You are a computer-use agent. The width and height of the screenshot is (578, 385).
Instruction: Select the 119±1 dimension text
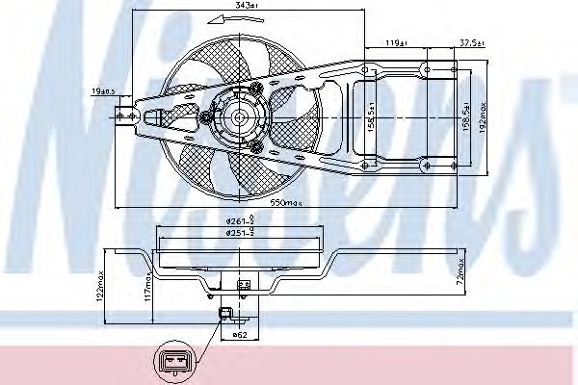click(390, 43)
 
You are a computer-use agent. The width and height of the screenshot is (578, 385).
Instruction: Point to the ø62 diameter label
click(243, 336)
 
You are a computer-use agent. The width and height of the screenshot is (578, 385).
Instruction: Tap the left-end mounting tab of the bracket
click(123, 116)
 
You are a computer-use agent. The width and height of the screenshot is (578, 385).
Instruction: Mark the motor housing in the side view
click(242, 284)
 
